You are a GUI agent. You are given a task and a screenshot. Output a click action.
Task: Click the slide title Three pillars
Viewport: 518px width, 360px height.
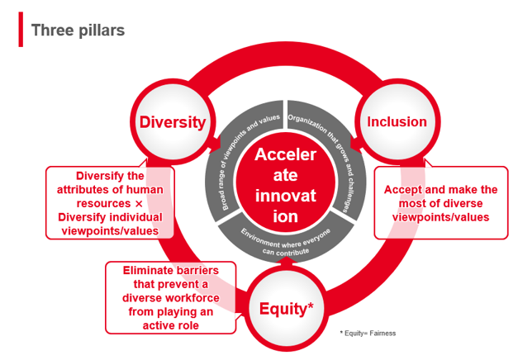pos(78,30)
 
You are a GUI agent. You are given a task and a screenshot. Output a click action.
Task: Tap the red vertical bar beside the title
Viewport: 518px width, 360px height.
pos(21,30)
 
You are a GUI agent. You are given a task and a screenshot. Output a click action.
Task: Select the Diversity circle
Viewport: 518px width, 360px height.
pos(172,122)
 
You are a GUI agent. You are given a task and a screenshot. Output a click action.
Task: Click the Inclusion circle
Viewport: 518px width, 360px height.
pos(397,122)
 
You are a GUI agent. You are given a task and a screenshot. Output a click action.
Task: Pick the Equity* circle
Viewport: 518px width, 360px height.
pos(286,309)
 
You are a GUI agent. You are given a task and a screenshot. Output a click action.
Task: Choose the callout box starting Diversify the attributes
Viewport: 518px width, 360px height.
pos(111,203)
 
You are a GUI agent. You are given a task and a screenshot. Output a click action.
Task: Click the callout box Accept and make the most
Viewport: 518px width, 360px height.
pos(440,203)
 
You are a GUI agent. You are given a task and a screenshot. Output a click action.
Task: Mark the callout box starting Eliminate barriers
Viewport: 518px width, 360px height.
pos(169,296)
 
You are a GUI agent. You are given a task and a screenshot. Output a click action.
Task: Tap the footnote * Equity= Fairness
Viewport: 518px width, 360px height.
pos(368,333)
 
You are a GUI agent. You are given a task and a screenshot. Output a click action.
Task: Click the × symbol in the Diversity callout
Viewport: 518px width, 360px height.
pos(139,203)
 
